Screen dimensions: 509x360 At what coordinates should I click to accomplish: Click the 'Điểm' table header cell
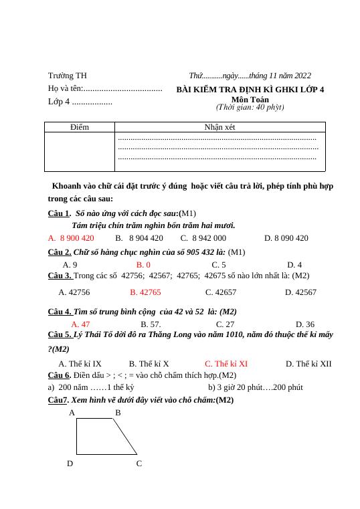(x=79, y=126)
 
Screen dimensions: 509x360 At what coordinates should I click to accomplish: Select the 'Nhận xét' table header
(x=219, y=126)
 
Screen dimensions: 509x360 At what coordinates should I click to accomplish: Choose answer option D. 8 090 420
(x=286, y=237)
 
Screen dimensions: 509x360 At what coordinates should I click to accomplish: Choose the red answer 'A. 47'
(x=80, y=324)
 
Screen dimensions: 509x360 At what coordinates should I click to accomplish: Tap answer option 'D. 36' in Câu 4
(x=304, y=324)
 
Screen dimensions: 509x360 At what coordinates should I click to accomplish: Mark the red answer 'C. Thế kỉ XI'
(x=226, y=364)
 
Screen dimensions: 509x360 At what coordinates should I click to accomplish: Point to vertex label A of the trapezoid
(x=72, y=413)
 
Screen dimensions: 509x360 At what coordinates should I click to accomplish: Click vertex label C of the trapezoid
(x=139, y=463)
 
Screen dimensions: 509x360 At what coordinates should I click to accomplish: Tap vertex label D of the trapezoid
(x=70, y=463)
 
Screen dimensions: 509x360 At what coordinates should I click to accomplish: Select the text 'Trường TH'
(x=67, y=76)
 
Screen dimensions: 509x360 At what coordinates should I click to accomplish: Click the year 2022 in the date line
(x=301, y=76)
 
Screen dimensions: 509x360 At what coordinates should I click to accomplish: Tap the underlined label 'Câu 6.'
(x=60, y=375)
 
